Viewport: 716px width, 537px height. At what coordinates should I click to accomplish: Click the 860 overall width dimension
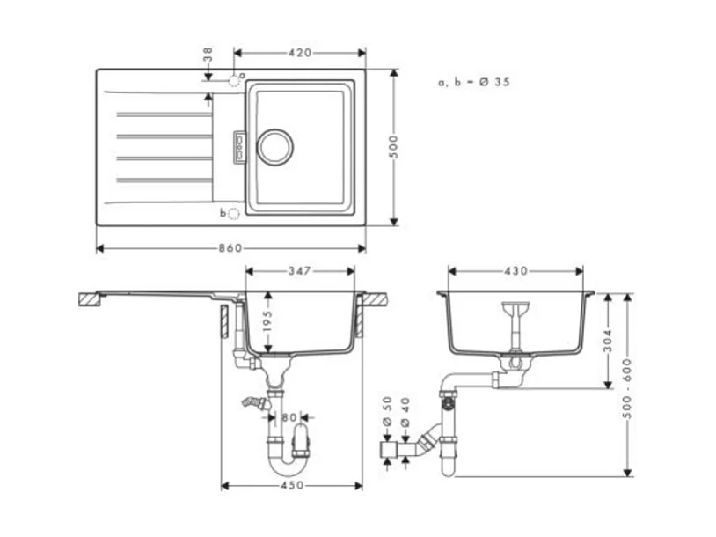[x=230, y=248]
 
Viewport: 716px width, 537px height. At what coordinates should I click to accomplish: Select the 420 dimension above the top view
[x=300, y=53]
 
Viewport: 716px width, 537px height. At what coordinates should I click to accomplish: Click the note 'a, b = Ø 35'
[x=474, y=82]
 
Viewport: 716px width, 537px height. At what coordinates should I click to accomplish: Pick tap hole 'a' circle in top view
[x=234, y=79]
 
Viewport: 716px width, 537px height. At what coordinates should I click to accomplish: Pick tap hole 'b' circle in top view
[x=233, y=214]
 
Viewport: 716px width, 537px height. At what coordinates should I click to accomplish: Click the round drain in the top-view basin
[x=274, y=145]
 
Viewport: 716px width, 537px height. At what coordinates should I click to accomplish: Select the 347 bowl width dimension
[x=300, y=271]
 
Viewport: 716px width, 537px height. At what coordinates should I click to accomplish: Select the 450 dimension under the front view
[x=291, y=485]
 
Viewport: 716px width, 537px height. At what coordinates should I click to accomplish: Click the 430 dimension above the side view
[x=515, y=271]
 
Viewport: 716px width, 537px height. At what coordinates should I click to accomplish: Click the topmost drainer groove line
[x=163, y=114]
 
